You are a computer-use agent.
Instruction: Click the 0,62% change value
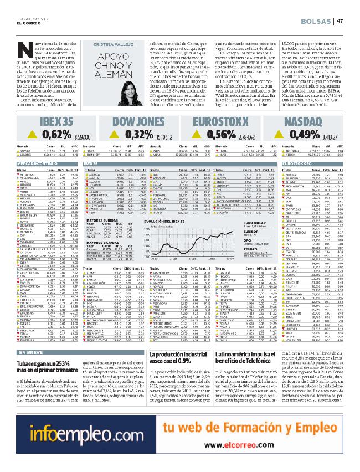[44, 150]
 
